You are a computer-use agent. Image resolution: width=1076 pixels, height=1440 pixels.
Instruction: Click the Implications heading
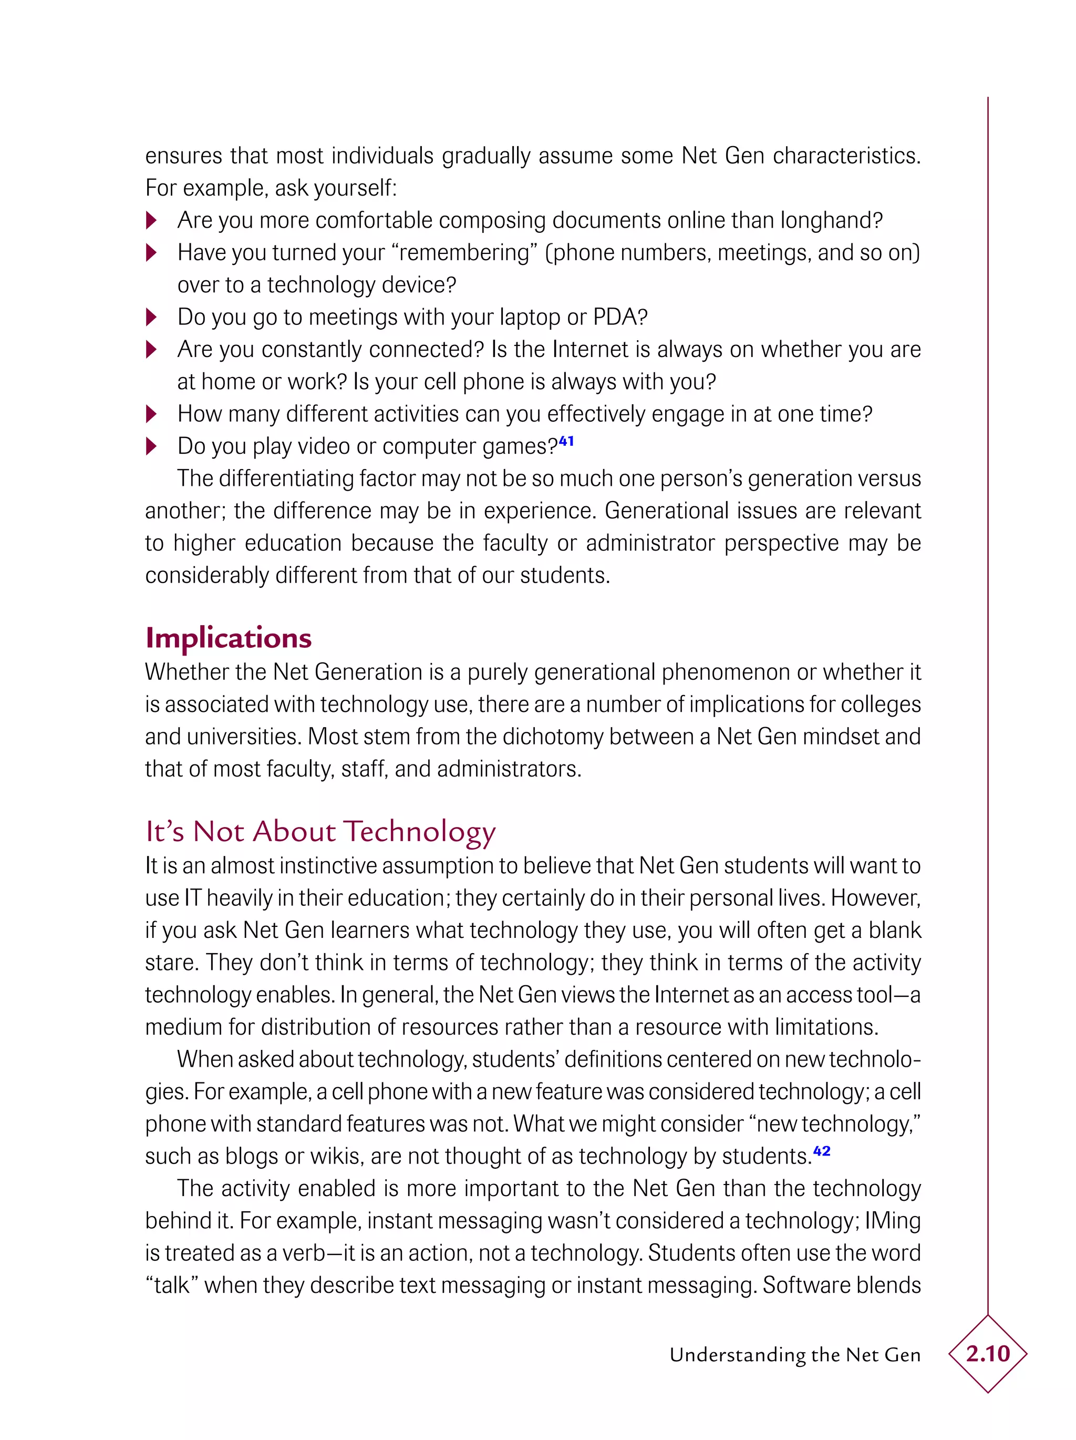(229, 638)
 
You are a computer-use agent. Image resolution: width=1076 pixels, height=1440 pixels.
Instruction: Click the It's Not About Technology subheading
(320, 832)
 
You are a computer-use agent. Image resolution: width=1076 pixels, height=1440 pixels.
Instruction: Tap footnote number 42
(822, 1151)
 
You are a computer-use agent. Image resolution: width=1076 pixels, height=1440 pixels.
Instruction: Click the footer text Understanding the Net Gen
(794, 1355)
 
